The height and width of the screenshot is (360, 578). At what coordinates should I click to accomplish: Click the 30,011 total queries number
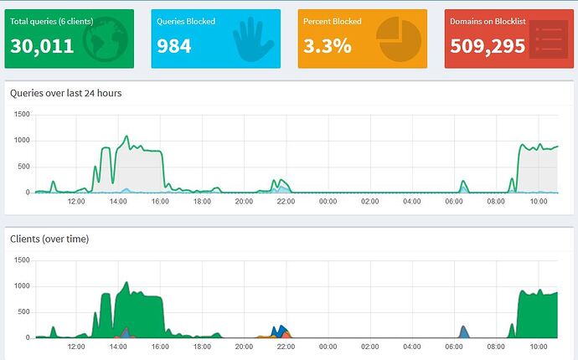click(42, 46)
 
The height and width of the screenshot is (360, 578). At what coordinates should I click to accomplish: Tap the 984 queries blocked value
click(174, 46)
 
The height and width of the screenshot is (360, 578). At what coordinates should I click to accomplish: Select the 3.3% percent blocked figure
click(328, 46)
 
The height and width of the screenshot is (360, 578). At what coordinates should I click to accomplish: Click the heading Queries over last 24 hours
click(66, 93)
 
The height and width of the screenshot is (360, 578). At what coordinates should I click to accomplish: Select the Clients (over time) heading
click(49, 239)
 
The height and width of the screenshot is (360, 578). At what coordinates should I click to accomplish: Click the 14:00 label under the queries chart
click(118, 201)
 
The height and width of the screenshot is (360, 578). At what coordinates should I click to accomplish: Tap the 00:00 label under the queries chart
click(328, 201)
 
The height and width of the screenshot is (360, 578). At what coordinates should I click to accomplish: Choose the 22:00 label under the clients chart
click(286, 347)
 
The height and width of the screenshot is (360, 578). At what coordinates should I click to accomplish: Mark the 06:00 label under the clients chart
click(453, 347)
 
